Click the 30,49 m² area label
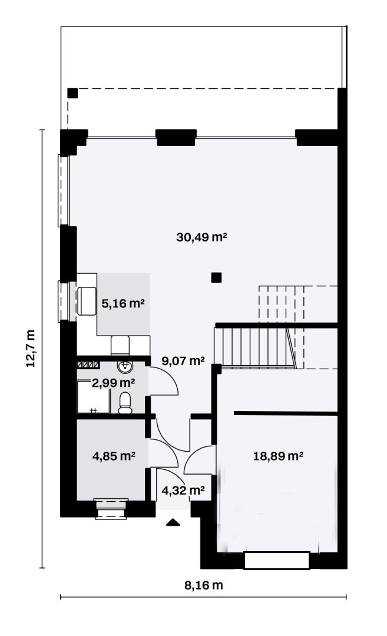click(x=201, y=237)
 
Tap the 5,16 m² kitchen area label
click(x=123, y=303)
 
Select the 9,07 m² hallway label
click(x=183, y=360)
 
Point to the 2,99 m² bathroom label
click(x=114, y=383)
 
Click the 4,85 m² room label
click(x=114, y=456)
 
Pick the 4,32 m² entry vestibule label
click(x=183, y=491)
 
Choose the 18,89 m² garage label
click(x=279, y=456)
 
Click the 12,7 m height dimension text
click(x=31, y=348)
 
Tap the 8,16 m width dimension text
click(x=204, y=585)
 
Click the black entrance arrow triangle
click(x=173, y=522)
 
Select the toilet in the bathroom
click(x=125, y=403)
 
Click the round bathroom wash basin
click(x=125, y=366)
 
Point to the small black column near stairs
click(x=216, y=277)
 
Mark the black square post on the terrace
click(x=72, y=93)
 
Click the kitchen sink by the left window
click(x=87, y=302)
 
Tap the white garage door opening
click(x=277, y=561)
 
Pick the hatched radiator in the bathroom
click(x=88, y=365)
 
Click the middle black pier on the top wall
click(x=176, y=137)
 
